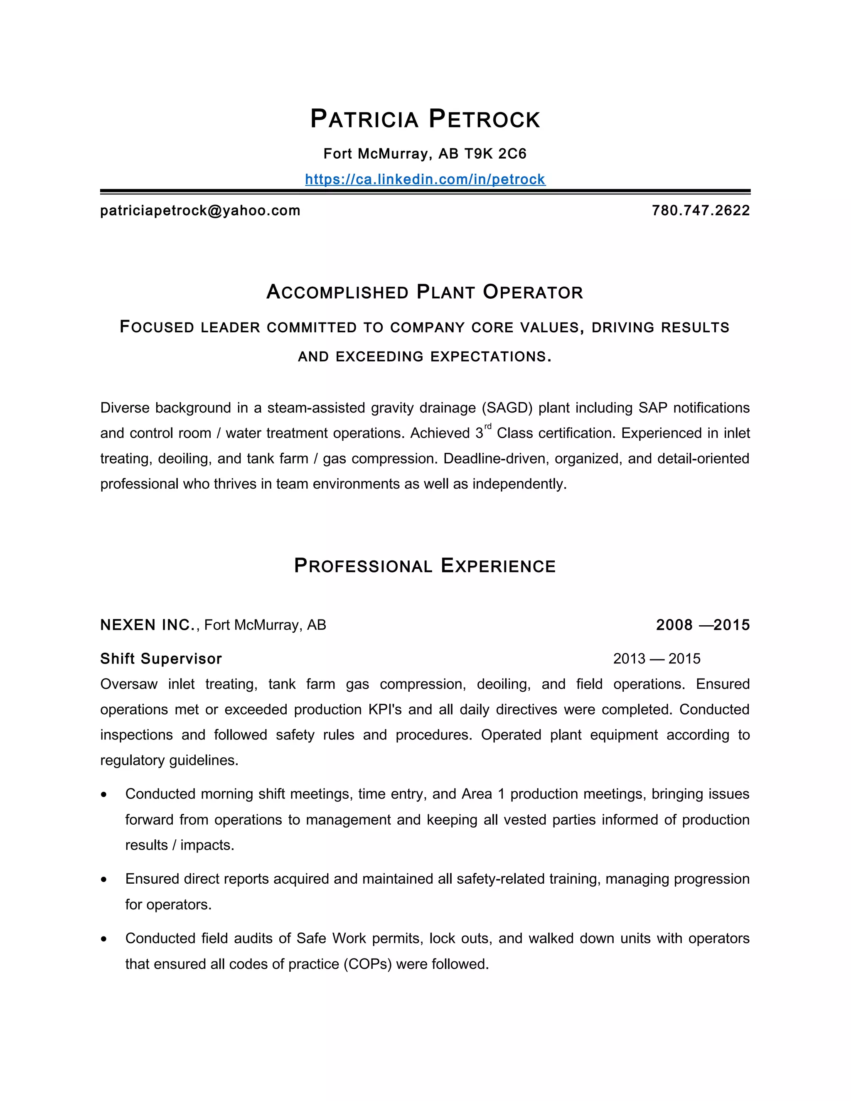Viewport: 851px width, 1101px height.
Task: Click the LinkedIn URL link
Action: tap(425, 179)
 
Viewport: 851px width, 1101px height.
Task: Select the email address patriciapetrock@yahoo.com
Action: tap(200, 211)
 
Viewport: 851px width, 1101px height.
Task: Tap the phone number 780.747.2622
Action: tap(701, 211)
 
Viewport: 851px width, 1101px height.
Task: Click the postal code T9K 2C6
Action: tap(495, 154)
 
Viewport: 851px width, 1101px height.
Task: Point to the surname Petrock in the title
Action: tap(485, 120)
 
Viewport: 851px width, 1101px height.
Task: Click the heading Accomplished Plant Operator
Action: tap(425, 292)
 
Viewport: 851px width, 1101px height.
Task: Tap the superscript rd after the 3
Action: tap(487, 427)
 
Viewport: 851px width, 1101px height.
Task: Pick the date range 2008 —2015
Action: tap(703, 625)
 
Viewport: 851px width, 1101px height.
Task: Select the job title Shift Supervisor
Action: tap(161, 659)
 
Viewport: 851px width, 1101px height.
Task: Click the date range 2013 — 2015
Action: tap(657, 659)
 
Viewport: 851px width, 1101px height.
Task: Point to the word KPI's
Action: tap(385, 710)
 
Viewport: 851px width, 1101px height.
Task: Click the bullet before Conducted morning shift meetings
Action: tap(104, 795)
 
